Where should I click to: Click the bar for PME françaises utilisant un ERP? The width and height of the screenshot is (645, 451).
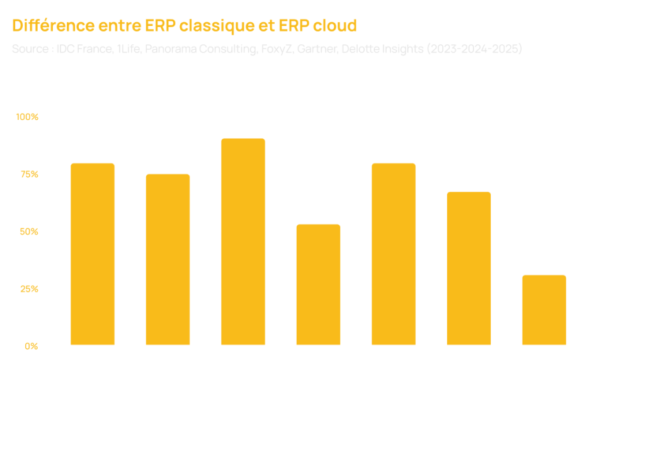tap(168, 259)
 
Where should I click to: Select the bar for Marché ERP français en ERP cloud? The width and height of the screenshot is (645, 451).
tap(318, 284)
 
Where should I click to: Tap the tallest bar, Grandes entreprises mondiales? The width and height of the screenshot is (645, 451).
tap(243, 242)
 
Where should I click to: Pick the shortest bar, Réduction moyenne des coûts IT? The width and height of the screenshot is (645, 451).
tap(544, 310)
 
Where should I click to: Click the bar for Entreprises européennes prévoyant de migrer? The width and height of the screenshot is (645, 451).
tap(469, 268)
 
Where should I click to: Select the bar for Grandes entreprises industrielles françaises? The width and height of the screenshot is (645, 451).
tap(394, 254)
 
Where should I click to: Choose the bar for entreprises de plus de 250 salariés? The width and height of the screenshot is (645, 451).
tap(93, 254)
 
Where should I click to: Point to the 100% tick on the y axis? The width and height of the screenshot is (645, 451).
tap(27, 117)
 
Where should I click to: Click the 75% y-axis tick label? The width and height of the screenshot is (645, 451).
tap(29, 173)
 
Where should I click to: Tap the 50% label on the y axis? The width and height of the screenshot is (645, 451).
tap(29, 231)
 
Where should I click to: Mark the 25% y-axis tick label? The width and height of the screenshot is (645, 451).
tap(29, 289)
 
